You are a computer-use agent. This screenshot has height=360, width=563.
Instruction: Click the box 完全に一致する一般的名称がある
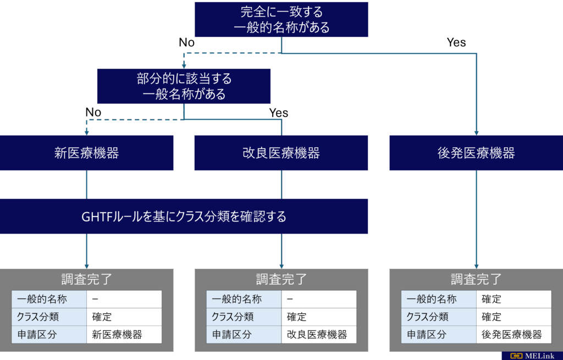point(281,19)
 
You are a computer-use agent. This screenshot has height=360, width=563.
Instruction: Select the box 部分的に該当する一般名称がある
point(184,86)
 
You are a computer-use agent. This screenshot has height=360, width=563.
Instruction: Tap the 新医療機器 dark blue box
point(87,153)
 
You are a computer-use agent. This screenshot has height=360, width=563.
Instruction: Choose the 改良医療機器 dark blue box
point(281,153)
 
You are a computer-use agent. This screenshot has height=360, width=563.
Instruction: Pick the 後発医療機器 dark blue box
point(476,153)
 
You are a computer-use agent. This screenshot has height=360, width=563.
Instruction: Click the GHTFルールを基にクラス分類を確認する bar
point(184,217)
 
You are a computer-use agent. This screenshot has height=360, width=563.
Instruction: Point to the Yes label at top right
point(456,42)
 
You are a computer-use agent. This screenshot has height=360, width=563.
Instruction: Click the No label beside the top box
point(186,42)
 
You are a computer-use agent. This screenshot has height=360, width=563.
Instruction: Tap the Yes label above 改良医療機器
point(278,113)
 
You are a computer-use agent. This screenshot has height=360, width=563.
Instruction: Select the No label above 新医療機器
point(93,112)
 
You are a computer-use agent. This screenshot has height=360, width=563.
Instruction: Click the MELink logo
point(531,355)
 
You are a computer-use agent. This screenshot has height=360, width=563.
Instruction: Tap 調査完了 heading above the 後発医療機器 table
point(476,279)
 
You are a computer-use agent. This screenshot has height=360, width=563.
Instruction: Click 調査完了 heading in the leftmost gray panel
point(87,279)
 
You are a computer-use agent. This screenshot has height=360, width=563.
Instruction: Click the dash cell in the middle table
point(319,300)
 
